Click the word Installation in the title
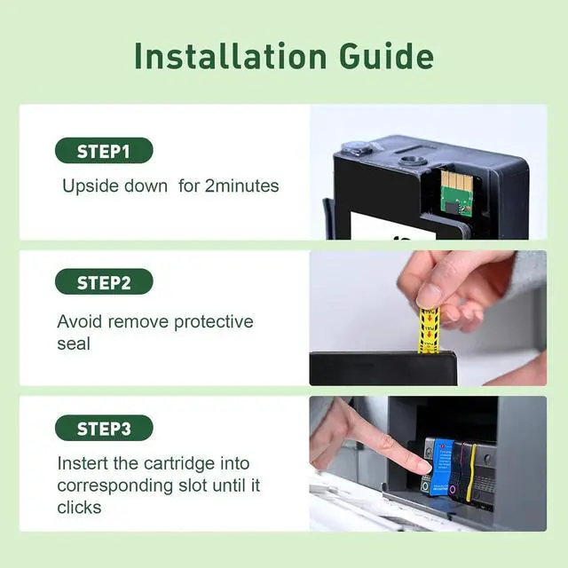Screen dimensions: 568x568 (x=231, y=56)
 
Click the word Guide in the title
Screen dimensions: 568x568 (x=386, y=56)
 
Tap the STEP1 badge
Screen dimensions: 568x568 (x=104, y=150)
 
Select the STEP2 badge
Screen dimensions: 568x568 (x=104, y=281)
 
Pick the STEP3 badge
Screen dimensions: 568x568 (x=104, y=428)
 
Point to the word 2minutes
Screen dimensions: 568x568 (x=242, y=185)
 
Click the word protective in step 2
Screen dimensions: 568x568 (x=213, y=322)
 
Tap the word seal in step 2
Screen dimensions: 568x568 (x=74, y=343)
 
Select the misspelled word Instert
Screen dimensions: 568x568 (x=83, y=463)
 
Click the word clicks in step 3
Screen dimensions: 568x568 (x=79, y=507)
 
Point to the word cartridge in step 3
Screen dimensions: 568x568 (x=179, y=464)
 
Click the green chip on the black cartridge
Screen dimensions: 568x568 (x=455, y=193)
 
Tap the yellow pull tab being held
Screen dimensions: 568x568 (x=429, y=330)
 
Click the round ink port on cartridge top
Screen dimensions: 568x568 (x=411, y=161)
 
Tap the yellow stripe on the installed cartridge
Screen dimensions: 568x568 (x=471, y=472)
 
